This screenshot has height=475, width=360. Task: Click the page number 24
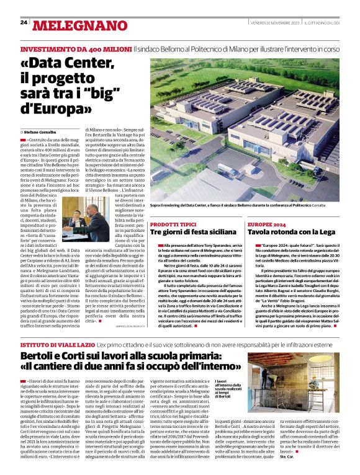pos(24,22)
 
